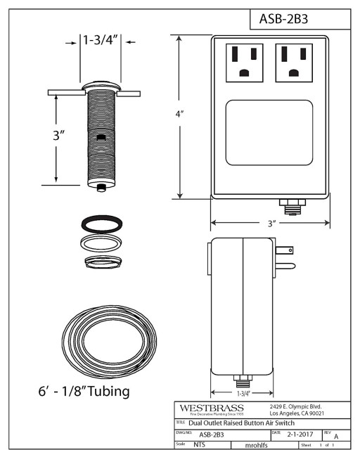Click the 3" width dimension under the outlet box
coord(270,223)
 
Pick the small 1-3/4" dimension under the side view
coord(242,394)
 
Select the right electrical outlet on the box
coord(294,62)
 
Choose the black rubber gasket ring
coord(100,225)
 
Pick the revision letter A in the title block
coord(335,436)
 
